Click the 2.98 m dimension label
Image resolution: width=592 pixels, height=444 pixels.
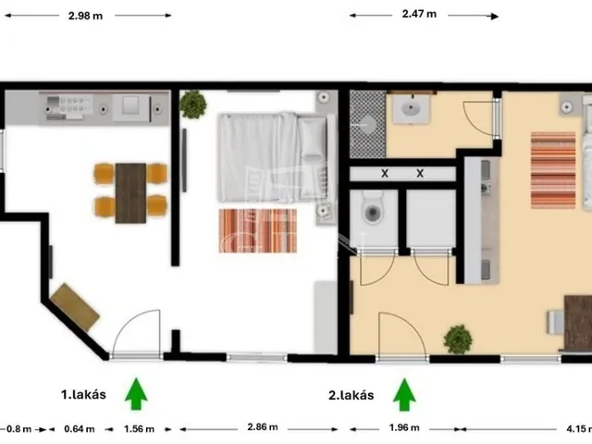[x=85, y=16]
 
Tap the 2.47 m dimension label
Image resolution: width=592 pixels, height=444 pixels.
[x=419, y=14]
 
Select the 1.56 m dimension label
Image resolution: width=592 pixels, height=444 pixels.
[x=139, y=429]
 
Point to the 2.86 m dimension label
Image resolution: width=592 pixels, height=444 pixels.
[x=263, y=427]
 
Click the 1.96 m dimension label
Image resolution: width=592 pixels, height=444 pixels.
[x=404, y=427]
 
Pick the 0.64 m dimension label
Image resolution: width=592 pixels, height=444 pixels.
[x=80, y=429]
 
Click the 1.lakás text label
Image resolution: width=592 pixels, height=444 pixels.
[x=83, y=395]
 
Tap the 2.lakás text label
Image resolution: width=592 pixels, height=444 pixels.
[x=351, y=395]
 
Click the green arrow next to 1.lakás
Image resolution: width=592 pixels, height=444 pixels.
[x=136, y=393]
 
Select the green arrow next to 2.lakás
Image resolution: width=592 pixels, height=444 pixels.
[x=404, y=395]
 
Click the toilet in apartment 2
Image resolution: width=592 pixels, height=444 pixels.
[x=373, y=210]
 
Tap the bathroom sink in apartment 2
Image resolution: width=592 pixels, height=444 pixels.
[x=411, y=109]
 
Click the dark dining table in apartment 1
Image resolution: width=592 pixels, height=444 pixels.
[x=130, y=193]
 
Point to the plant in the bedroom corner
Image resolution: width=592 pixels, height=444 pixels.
[x=192, y=105]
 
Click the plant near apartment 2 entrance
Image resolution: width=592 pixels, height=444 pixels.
[x=458, y=339]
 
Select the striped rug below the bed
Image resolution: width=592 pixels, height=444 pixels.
[x=257, y=230]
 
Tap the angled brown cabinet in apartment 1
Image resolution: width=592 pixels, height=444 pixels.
[x=75, y=307]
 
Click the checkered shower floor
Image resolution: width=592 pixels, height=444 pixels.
[x=368, y=124]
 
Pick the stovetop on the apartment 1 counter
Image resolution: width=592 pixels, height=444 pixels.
[x=70, y=108]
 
